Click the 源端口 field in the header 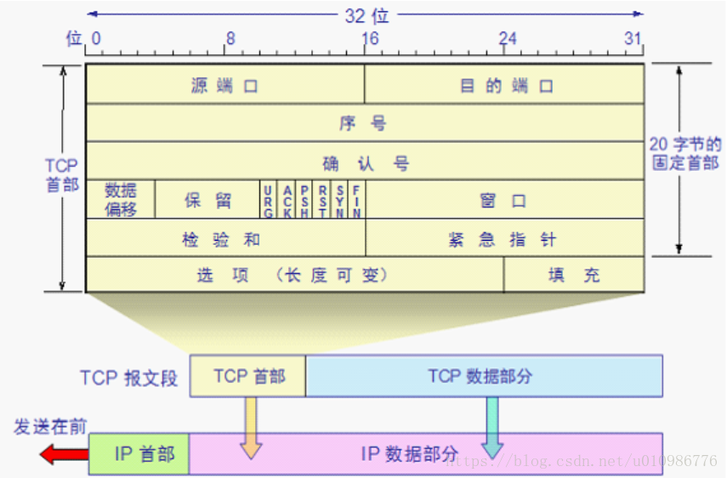[x=225, y=85]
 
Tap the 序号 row [x=365, y=123]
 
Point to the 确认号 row [x=365, y=162]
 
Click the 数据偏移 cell [x=121, y=200]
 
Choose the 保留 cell [x=207, y=200]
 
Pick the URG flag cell [x=269, y=200]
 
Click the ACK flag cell [x=287, y=200]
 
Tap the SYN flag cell [x=339, y=200]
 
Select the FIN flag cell [x=357, y=200]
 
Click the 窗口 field [x=503, y=200]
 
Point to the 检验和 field [x=225, y=238]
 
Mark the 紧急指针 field [x=503, y=238]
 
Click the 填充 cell [x=574, y=275]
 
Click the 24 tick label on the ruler [x=507, y=39]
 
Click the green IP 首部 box [x=139, y=453]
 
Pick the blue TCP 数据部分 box [x=483, y=376]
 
